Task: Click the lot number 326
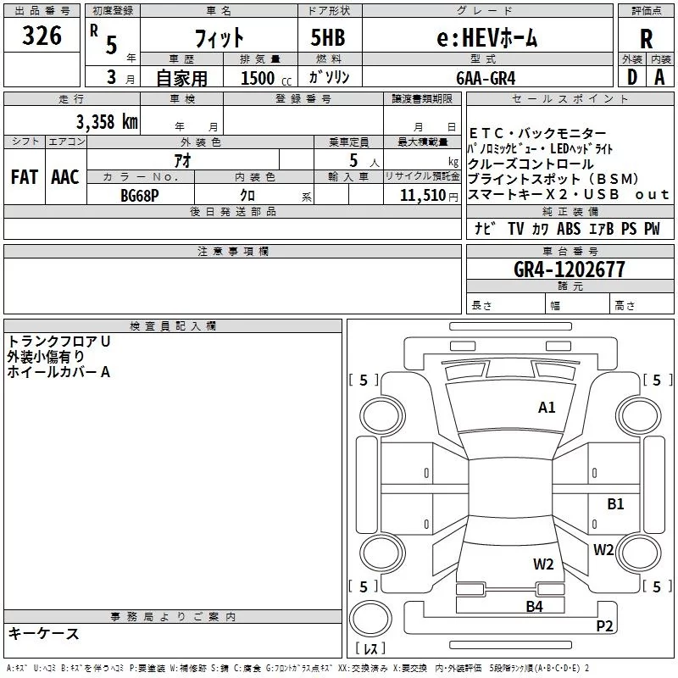[42, 36]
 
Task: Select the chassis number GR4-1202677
[570, 270]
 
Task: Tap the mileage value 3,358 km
[106, 121]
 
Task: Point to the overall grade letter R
[646, 39]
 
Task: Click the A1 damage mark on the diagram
[547, 408]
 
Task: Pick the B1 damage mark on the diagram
[615, 504]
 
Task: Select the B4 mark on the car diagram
[534, 606]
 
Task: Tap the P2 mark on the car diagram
[604, 626]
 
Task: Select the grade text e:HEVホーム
[486, 37]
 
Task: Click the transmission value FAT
[24, 177]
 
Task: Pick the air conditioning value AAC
[65, 177]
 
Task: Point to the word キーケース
[43, 634]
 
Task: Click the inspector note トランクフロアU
[59, 342]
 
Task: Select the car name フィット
[220, 38]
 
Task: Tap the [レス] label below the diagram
[370, 649]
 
